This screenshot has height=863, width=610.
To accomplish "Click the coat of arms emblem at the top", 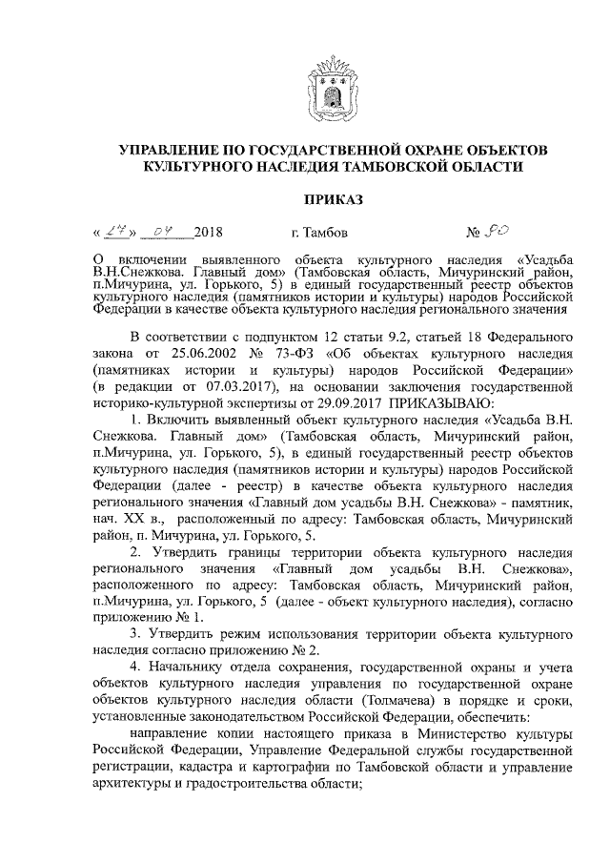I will pos(333,85).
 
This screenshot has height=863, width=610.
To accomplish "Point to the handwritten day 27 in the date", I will pos(116,230).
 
